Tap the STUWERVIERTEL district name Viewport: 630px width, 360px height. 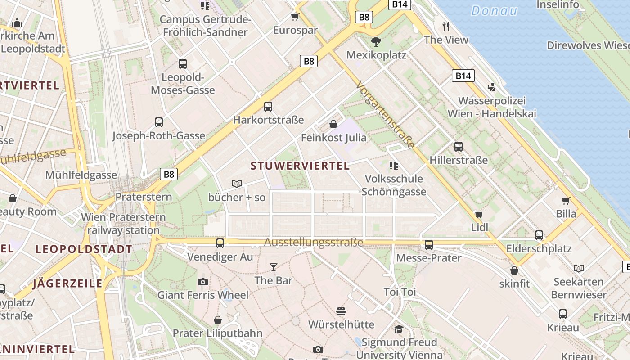tap(300, 166)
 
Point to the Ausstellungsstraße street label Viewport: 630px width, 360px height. tap(313, 243)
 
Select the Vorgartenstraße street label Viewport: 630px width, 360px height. tap(385, 115)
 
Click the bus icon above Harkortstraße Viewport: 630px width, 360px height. tap(268, 107)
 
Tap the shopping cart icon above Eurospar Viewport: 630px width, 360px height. tap(295, 17)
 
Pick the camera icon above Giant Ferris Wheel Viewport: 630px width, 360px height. tap(203, 282)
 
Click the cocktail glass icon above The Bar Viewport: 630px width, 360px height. tap(273, 267)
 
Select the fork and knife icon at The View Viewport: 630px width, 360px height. tap(446, 27)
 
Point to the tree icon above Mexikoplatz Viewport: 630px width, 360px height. tap(376, 42)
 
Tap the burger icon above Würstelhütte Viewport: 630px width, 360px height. tap(341, 311)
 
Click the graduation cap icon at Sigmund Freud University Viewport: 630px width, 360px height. tap(399, 329)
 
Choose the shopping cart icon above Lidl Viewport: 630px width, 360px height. tap(479, 214)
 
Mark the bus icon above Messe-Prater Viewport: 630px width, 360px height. tap(429, 245)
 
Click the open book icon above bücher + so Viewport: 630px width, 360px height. tap(237, 184)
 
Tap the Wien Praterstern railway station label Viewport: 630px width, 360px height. tap(123, 224)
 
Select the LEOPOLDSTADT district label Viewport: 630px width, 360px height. tap(84, 249)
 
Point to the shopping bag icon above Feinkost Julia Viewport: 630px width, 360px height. tap(333, 124)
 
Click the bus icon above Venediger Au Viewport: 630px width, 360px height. tap(220, 243)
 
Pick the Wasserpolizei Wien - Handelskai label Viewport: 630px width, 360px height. tap(492, 107)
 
